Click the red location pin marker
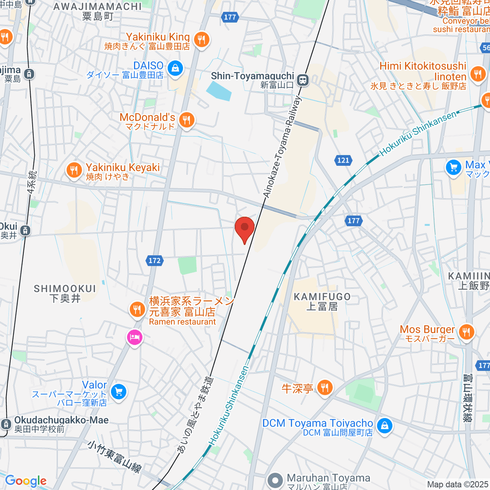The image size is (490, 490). pos(245,228)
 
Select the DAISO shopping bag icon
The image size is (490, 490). pos(175,68)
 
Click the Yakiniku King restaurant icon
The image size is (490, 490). pos(201,40)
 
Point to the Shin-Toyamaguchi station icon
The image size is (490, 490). pos(303,80)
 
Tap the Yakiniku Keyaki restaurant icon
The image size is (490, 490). pos(74,170)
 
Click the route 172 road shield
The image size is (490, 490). pos(154,261)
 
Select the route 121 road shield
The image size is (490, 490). pos(343,160)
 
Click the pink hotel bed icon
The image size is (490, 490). pos(134,337)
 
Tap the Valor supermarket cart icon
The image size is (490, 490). pos(119,392)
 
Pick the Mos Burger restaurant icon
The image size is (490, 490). pos(466,332)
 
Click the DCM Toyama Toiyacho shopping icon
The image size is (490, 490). pos(384,426)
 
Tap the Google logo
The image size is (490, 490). pos(26,481)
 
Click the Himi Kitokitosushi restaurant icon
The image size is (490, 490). pos(477,73)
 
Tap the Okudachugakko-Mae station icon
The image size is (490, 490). pos(5,424)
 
